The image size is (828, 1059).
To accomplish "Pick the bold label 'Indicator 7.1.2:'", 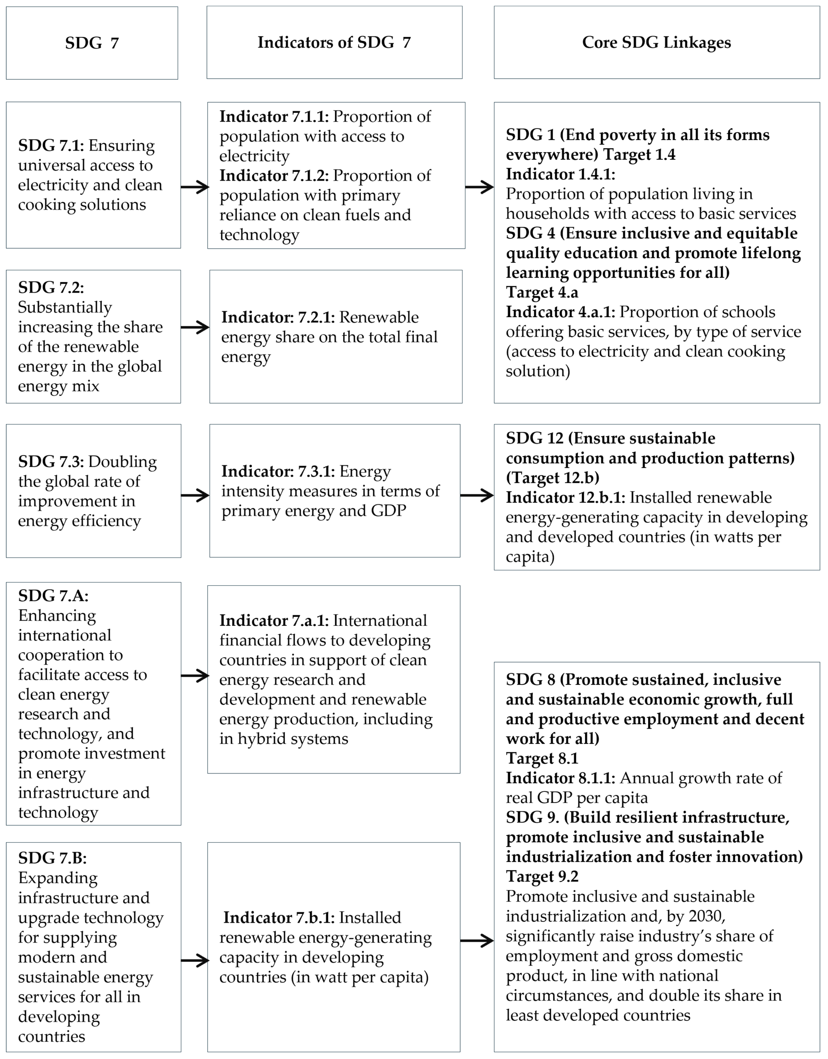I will (274, 176).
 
